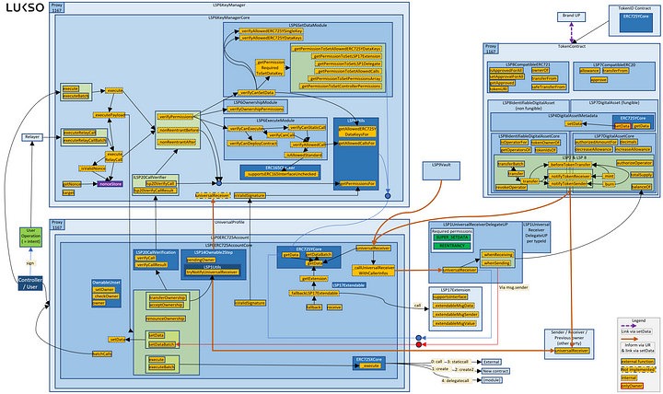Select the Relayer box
pyautogui.click(x=30, y=139)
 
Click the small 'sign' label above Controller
pyautogui.click(x=30, y=264)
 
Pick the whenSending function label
pyautogui.click(x=497, y=263)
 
